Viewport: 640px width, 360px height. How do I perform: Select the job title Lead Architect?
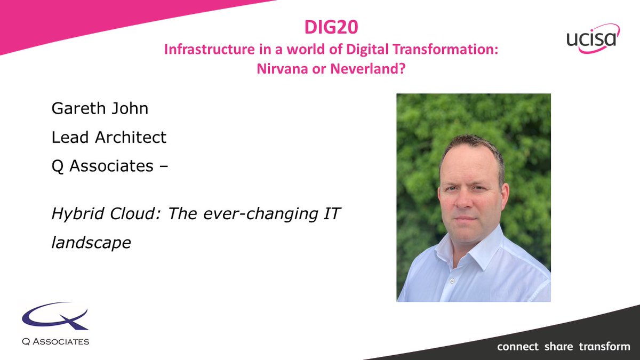click(x=109, y=137)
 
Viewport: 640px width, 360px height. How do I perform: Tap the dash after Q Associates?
click(x=164, y=166)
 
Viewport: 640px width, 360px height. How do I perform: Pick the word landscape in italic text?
click(x=91, y=243)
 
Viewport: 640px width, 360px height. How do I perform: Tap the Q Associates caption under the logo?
click(x=55, y=341)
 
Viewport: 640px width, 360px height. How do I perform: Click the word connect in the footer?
click(x=517, y=347)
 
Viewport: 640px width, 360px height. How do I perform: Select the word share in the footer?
click(x=559, y=347)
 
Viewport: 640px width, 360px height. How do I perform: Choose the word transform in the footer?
click(x=604, y=347)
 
